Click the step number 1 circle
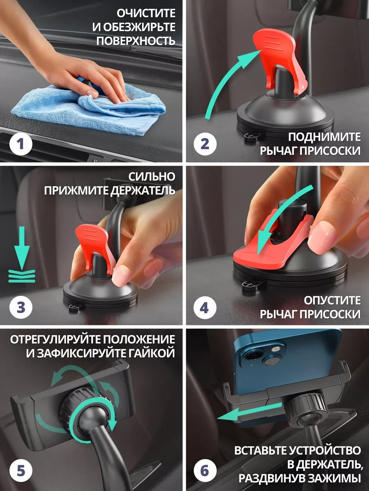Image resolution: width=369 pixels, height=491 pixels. pyautogui.click(x=21, y=144)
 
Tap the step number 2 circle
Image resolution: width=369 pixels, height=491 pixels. pyautogui.click(x=205, y=144)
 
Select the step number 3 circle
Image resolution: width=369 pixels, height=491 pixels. pyautogui.click(x=21, y=307)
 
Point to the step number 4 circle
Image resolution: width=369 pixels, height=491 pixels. pyautogui.click(x=205, y=307)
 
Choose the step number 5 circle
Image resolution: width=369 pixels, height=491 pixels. pyautogui.click(x=21, y=471)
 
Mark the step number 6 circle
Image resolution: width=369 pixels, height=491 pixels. pyautogui.click(x=205, y=471)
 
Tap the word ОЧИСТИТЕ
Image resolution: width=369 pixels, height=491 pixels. pyautogui.click(x=146, y=14)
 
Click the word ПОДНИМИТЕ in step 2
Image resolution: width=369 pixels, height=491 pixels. pyautogui.click(x=324, y=137)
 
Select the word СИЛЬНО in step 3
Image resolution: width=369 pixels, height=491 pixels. pyautogui.click(x=152, y=177)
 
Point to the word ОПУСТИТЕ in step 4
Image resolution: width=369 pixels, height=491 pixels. pyautogui.click(x=332, y=300)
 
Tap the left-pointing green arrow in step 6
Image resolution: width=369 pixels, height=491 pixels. pyautogui.click(x=249, y=410)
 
